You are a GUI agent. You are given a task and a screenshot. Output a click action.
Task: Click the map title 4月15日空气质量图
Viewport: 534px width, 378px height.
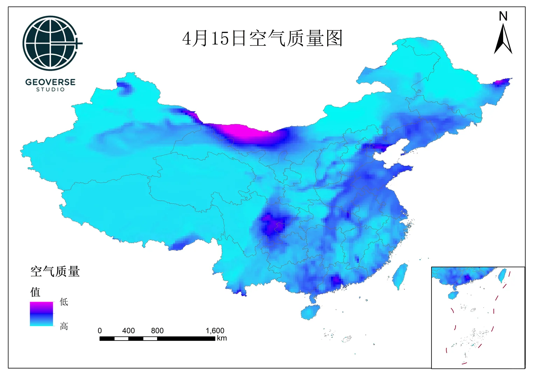(262, 38)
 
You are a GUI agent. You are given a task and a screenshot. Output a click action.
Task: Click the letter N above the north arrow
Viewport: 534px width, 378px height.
(503, 16)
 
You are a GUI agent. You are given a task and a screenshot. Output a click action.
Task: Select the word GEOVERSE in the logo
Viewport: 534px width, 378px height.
(50, 82)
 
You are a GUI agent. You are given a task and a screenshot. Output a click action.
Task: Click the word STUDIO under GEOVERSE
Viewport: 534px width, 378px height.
(50, 90)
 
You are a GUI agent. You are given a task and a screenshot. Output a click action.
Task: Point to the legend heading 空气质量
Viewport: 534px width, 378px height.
(55, 272)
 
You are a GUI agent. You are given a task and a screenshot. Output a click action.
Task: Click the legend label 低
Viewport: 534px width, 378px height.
(64, 302)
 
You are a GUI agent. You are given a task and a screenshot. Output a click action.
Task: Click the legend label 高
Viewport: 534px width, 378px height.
(64, 326)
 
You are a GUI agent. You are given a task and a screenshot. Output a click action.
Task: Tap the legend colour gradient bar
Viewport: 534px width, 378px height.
(41, 314)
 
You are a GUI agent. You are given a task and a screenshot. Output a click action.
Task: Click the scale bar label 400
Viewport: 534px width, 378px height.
(128, 331)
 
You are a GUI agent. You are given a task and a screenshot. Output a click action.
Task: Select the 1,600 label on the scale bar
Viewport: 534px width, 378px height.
(215, 331)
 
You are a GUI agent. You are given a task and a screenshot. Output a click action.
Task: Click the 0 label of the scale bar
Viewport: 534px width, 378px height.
(100, 331)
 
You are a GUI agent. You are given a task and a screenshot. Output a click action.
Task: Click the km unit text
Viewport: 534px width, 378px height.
(222, 338)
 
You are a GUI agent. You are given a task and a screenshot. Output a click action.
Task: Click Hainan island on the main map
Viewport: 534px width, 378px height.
(310, 311)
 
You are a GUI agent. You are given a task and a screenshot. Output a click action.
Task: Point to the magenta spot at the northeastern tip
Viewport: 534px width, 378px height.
(500, 83)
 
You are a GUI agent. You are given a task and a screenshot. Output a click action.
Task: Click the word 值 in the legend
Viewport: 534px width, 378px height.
(35, 292)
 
